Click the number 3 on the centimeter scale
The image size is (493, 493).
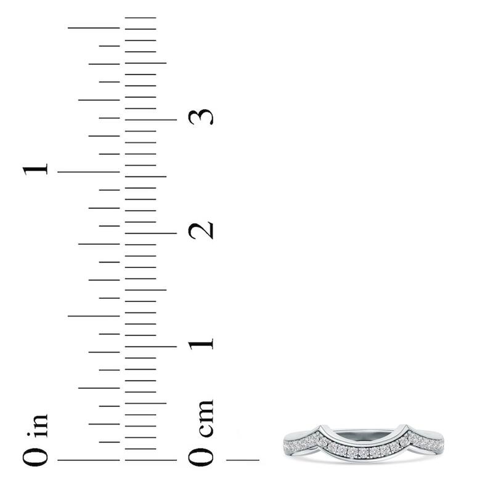click(202, 116)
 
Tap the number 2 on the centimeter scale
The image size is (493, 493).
click(202, 230)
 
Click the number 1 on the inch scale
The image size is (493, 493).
click(36, 169)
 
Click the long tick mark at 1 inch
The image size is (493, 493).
click(88, 172)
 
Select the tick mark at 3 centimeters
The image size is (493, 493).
click(150, 120)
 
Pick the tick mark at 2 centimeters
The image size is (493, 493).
click(150, 233)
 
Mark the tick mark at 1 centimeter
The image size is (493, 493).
click(150, 346)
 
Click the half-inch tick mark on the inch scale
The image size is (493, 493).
click(94, 316)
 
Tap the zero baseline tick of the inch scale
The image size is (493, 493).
click(88, 460)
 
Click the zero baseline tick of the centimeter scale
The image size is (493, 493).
click(150, 460)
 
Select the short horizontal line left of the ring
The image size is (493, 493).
click(243, 460)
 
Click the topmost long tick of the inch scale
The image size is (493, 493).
click(94, 28)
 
